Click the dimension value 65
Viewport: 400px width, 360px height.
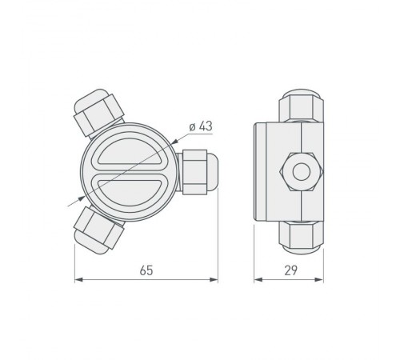click(x=146, y=270)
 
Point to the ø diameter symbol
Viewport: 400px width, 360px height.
click(x=192, y=127)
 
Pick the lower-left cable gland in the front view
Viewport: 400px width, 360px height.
click(x=97, y=230)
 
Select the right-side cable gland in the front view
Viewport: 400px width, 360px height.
click(x=197, y=172)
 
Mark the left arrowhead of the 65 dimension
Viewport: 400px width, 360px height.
click(x=78, y=280)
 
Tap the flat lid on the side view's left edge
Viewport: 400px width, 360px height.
click(x=257, y=171)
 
